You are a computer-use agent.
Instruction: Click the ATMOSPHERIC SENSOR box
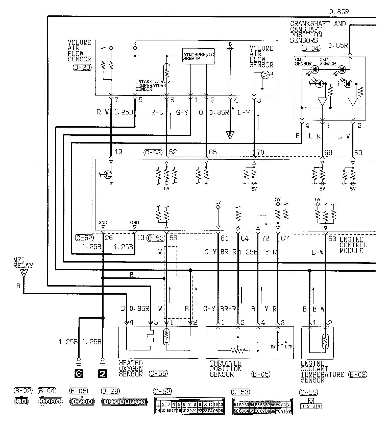tap(199, 56)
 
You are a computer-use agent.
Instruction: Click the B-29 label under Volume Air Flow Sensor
tap(82, 67)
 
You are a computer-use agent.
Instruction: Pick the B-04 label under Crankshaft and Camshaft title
tap(311, 48)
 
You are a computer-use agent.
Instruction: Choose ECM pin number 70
tap(260, 152)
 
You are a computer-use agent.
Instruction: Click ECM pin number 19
tap(118, 152)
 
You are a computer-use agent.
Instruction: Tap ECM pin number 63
tap(332, 239)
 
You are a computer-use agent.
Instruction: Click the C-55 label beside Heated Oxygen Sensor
tap(158, 373)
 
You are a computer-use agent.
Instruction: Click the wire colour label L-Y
tap(244, 113)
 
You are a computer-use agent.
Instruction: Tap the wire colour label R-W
tap(103, 112)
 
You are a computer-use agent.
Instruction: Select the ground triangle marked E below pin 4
tap(230, 135)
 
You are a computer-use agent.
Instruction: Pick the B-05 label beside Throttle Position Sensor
tap(261, 374)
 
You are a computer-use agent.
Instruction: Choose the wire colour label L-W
tap(344, 136)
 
